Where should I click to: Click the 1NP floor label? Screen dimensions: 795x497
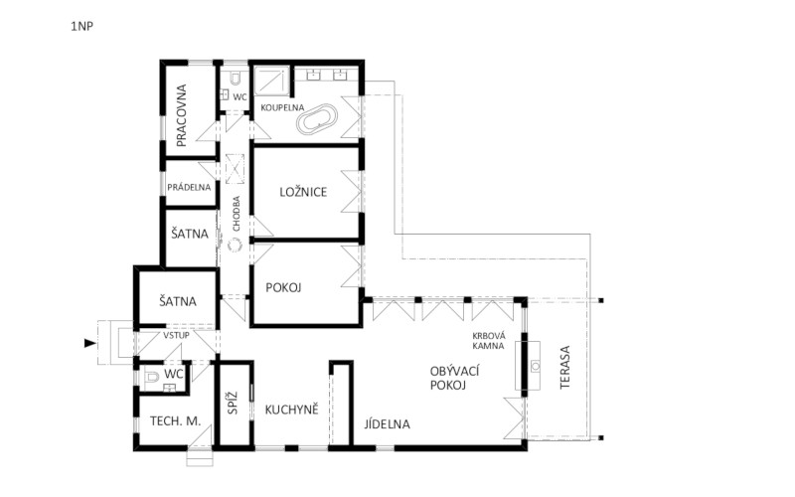click(82, 27)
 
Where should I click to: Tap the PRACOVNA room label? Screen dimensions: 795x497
click(182, 115)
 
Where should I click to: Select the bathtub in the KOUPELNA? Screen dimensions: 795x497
click(316, 119)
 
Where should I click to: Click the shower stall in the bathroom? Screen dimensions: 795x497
click(271, 81)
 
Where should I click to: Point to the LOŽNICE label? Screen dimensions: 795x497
click(303, 192)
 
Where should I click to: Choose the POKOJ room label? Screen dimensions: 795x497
click(283, 288)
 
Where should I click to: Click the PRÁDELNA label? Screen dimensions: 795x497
click(189, 187)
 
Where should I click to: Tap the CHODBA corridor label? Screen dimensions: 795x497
click(237, 214)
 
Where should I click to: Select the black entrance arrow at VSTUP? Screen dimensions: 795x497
click(89, 344)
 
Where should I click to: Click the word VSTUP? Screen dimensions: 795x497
click(177, 335)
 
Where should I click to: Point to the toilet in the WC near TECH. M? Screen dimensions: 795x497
click(151, 378)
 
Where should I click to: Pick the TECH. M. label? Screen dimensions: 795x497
click(176, 420)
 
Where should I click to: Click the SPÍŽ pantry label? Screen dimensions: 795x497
click(233, 403)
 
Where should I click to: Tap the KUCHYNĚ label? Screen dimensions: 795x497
click(291, 410)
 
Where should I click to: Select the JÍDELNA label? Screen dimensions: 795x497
click(387, 424)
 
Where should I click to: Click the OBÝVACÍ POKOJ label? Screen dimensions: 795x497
click(454, 379)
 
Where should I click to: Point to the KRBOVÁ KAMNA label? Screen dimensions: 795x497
click(488, 341)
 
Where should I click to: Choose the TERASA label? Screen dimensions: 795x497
click(565, 367)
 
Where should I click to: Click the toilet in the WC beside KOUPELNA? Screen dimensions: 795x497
click(236, 79)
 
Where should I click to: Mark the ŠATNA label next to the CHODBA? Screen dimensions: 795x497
click(190, 234)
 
